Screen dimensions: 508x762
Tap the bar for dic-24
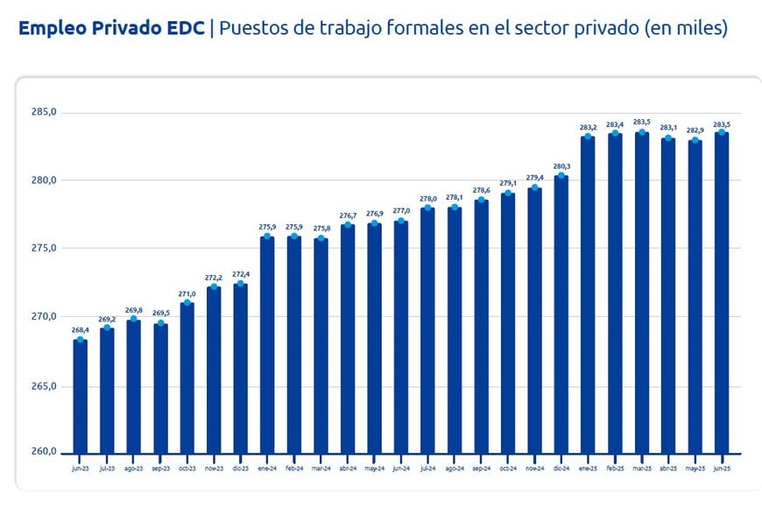pyautogui.click(x=561, y=314)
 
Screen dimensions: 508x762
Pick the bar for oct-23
pyautogui.click(x=187, y=377)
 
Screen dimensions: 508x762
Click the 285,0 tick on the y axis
pyautogui.click(x=44, y=112)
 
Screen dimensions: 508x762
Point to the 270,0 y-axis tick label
pyautogui.click(x=44, y=316)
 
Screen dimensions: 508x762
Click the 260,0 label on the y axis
pyautogui.click(x=44, y=452)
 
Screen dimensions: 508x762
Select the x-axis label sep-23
pyautogui.click(x=160, y=469)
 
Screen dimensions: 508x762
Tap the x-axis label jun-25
pyautogui.click(x=722, y=469)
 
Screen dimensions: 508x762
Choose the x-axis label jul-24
pyautogui.click(x=427, y=469)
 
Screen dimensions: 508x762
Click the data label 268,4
pyautogui.click(x=80, y=330)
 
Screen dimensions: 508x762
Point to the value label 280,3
pyautogui.click(x=561, y=166)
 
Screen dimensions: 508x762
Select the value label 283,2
pyautogui.click(x=589, y=128)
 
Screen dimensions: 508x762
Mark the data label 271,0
pyautogui.click(x=187, y=294)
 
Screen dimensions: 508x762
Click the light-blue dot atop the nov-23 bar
pyautogui.click(x=214, y=286)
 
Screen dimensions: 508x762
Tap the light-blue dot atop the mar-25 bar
pyautogui.click(x=642, y=132)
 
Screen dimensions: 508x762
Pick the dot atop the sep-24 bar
pyautogui.click(x=481, y=200)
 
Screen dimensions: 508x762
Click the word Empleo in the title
pyautogui.click(x=51, y=28)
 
